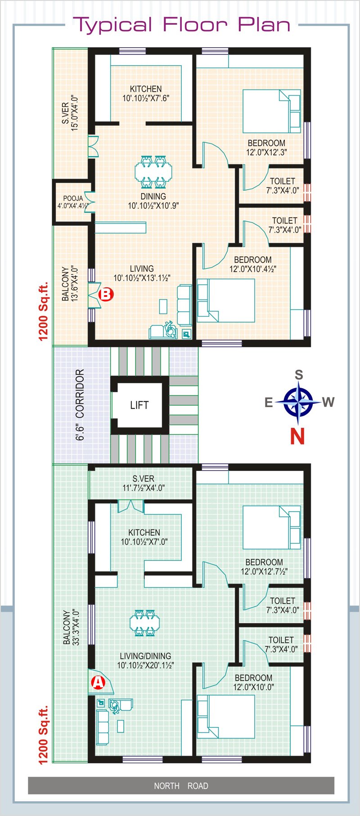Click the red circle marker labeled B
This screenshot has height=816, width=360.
click(x=106, y=294)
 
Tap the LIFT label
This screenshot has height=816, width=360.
click(x=139, y=405)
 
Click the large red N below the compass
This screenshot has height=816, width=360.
click(x=297, y=436)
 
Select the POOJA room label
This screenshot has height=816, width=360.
click(x=73, y=198)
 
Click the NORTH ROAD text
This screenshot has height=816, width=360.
click(x=181, y=786)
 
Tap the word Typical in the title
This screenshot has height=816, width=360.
click(x=113, y=25)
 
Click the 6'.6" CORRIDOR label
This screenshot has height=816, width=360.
click(x=80, y=405)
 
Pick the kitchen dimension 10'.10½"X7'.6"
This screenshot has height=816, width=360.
click(x=146, y=99)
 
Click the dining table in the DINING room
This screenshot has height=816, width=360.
click(x=153, y=171)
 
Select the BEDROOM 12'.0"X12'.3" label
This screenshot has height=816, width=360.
click(x=266, y=148)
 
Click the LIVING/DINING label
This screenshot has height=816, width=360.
click(x=145, y=656)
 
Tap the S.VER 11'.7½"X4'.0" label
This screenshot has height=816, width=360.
click(x=144, y=483)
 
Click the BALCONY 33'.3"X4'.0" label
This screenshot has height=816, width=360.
click(x=71, y=628)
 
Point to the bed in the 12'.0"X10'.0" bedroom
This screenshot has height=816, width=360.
click(x=226, y=717)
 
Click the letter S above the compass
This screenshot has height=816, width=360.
click(x=299, y=375)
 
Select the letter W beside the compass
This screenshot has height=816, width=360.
click(x=328, y=402)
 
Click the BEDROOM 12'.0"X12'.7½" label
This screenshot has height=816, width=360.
click(x=264, y=567)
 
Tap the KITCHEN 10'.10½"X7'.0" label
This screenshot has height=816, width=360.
click(x=144, y=537)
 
